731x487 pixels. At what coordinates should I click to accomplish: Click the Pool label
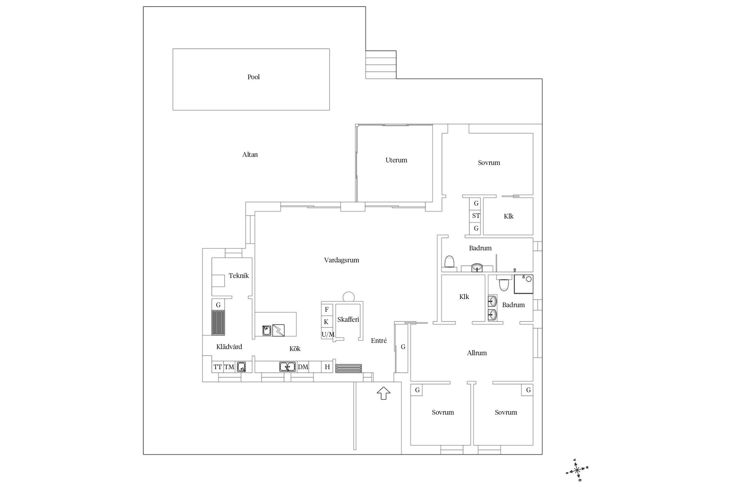coord(254,77)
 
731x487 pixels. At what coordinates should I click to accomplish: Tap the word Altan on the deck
coord(250,154)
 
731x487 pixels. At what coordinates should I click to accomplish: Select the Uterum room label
coord(396,160)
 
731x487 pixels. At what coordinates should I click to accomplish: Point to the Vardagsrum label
coord(342,260)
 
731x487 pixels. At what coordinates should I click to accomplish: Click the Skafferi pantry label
coord(348,320)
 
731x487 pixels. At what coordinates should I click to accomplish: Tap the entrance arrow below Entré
coord(383,393)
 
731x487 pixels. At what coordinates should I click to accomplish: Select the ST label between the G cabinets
coord(476,216)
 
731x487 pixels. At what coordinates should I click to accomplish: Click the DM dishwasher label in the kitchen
coord(303,367)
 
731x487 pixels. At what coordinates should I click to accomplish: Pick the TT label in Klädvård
coord(217,367)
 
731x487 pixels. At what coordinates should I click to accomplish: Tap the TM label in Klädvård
coord(229,367)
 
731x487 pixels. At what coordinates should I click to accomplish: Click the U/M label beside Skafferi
coord(328,334)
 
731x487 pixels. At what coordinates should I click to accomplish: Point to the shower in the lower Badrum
coord(524,284)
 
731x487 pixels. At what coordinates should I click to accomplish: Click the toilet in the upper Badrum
coord(450,262)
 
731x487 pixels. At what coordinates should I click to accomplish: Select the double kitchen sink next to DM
coord(287,367)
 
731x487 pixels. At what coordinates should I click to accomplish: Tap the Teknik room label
coord(239,276)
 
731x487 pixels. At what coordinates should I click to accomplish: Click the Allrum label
coord(477,353)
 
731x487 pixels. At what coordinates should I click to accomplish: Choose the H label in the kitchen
coord(327,367)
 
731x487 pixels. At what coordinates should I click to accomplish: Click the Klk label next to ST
coord(509,216)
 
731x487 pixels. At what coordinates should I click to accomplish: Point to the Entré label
coord(379,341)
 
